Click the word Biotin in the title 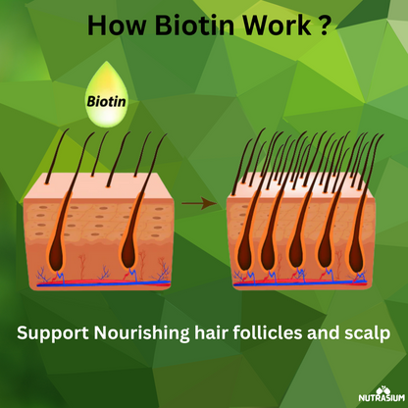[195, 25]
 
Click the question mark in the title [323, 25]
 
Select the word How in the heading [117, 25]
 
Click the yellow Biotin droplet [106, 94]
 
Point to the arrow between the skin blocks [199, 203]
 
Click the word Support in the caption [53, 333]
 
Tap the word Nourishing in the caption [141, 333]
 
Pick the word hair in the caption [211, 332]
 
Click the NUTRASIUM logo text [382, 398]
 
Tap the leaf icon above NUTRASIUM [382, 390]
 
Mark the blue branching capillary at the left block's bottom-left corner [42, 276]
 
